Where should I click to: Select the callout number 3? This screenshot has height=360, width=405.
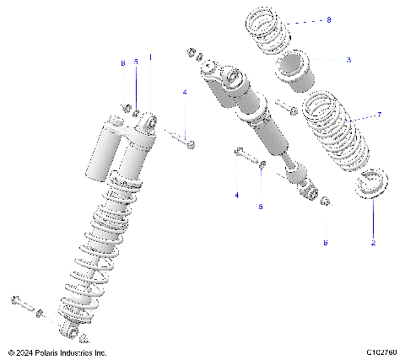tap(348, 60)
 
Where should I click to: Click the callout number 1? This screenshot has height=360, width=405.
tap(151, 57)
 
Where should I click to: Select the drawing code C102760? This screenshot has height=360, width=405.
tap(382, 352)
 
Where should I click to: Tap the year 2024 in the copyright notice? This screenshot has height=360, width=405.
tap(24, 352)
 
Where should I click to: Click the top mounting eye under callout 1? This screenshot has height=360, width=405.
tap(148, 123)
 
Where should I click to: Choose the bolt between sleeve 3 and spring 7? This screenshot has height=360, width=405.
tap(285, 108)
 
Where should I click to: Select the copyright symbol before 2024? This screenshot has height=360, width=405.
tap(10, 352)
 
